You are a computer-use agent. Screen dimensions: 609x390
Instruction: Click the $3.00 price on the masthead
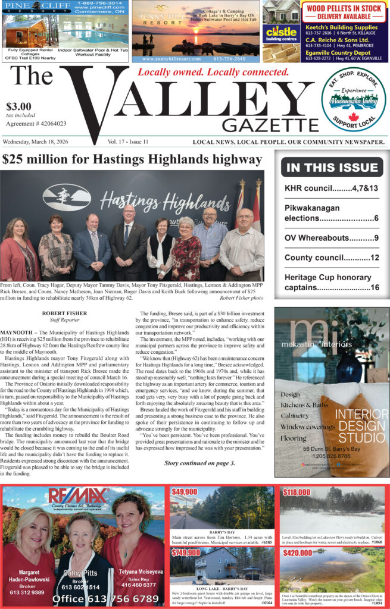click(x=18, y=106)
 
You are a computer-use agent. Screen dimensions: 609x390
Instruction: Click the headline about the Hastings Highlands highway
click(x=132, y=159)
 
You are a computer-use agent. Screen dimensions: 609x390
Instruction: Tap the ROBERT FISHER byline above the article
click(x=64, y=312)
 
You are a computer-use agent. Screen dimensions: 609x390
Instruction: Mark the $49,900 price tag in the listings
click(x=185, y=492)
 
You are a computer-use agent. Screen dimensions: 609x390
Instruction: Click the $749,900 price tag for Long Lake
click(x=186, y=553)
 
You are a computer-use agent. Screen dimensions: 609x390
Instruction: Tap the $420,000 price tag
click(x=298, y=553)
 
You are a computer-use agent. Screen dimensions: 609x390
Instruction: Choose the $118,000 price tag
click(x=296, y=492)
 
